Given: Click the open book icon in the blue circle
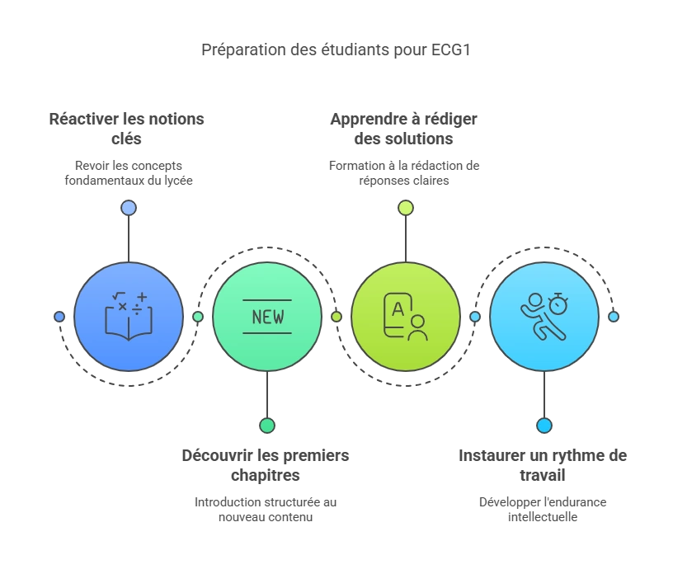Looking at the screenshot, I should tap(128, 322).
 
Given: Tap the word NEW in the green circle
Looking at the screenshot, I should tap(267, 317).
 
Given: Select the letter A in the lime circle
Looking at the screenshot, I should tap(398, 309).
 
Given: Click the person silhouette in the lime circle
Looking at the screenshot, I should tap(417, 327).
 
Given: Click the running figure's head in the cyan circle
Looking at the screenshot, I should tap(535, 299).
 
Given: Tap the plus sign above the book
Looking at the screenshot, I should tap(142, 296).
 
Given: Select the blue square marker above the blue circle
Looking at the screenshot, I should tap(129, 208).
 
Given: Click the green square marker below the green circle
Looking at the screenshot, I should tap(267, 426).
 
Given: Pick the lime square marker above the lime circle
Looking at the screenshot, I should tap(406, 208).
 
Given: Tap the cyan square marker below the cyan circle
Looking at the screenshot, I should tap(544, 426).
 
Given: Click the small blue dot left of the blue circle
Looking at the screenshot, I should tap(59, 317).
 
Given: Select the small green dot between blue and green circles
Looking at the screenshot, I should tap(198, 317).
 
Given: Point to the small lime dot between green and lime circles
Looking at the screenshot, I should tap(336, 317).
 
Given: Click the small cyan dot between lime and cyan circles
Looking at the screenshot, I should tap(475, 317).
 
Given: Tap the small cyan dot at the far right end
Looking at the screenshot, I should tap(614, 317).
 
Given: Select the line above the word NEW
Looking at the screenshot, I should tap(267, 300).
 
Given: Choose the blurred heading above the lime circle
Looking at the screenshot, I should tap(404, 127).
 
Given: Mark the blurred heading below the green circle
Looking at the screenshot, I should tap(264, 464).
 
